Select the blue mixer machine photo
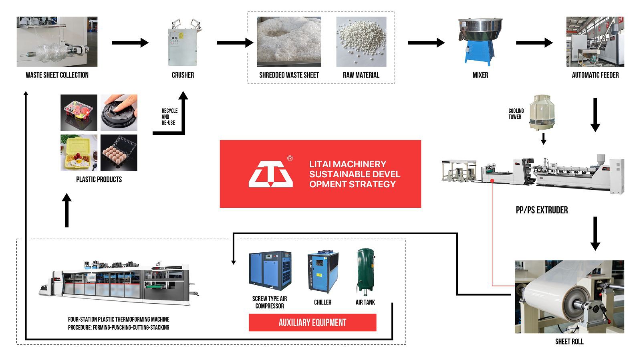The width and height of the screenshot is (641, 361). coord(480,42)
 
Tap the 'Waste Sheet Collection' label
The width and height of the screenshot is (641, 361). coord(57,75)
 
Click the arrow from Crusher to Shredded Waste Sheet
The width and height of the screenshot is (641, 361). coord(235,43)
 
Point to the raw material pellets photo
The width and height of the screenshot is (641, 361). coord(361,42)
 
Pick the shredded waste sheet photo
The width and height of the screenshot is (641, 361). coord(289,42)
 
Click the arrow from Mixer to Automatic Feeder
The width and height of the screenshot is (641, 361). coord(534,43)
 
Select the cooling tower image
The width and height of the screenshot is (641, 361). coord(542,112)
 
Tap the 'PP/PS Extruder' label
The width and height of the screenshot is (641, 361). coord(542,210)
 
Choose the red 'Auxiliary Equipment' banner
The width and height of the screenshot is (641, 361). coord(312,322)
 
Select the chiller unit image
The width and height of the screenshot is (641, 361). coord(323,272)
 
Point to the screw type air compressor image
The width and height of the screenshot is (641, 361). coord(270,271)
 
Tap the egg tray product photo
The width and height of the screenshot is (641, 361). coord(119,153)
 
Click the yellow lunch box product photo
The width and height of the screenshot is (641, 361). coord(79,153)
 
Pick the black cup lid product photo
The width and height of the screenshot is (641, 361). coord(119,113)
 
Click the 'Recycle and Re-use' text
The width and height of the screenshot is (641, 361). coord(169,117)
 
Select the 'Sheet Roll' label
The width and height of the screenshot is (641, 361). coord(569,342)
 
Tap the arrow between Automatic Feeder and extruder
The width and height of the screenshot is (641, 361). coord(595,115)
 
